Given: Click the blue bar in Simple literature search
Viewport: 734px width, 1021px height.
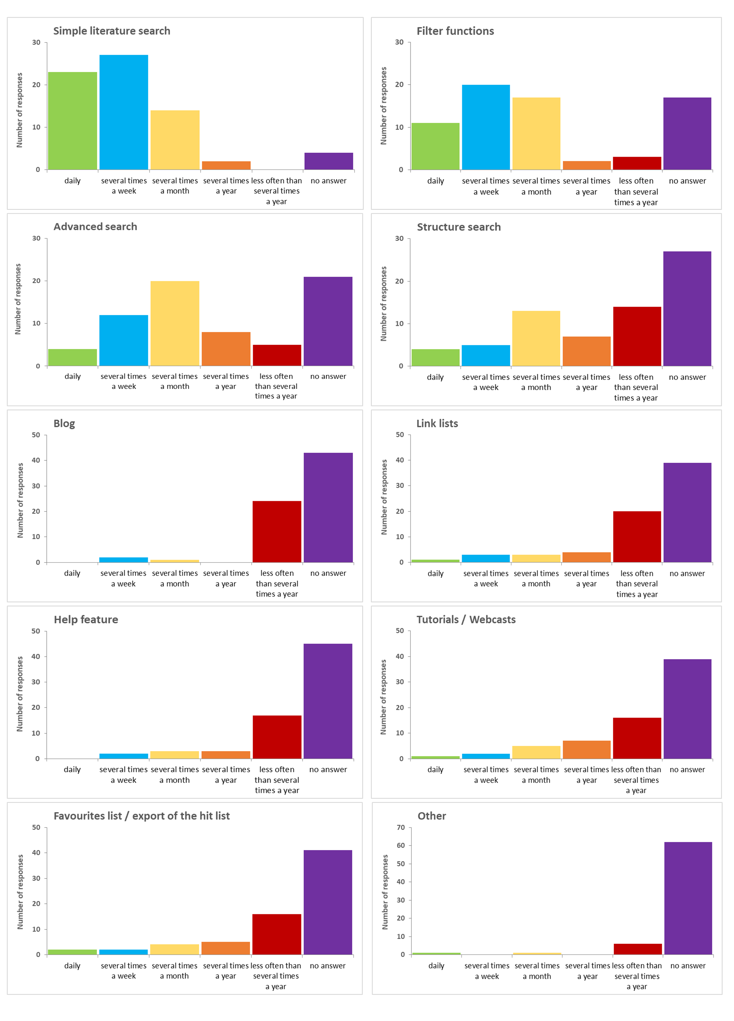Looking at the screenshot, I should tap(124, 112).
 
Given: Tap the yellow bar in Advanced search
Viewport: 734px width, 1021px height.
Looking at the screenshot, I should tap(175, 323).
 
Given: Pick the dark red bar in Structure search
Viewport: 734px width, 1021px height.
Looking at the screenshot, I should tap(637, 336).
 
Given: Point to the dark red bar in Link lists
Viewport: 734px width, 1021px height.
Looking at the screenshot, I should tap(637, 537).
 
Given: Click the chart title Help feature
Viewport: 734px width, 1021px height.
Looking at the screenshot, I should tap(86, 619).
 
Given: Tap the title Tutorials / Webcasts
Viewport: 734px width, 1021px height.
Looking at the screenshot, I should tap(466, 619).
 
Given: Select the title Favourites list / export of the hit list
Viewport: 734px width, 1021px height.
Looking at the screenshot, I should tap(142, 816).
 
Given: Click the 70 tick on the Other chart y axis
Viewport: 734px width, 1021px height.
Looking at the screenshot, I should tap(401, 828).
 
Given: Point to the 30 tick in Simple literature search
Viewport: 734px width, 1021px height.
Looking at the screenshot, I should tap(36, 42).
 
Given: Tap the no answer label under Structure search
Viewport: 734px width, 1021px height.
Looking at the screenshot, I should tap(687, 377).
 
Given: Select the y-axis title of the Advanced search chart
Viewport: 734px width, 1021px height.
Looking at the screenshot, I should tap(18, 299).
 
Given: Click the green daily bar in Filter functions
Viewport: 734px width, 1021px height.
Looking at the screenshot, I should tap(435, 146).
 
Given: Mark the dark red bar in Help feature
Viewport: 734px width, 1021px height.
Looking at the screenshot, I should tap(277, 737).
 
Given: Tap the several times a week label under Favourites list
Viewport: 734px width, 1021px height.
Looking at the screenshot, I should tap(124, 971).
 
